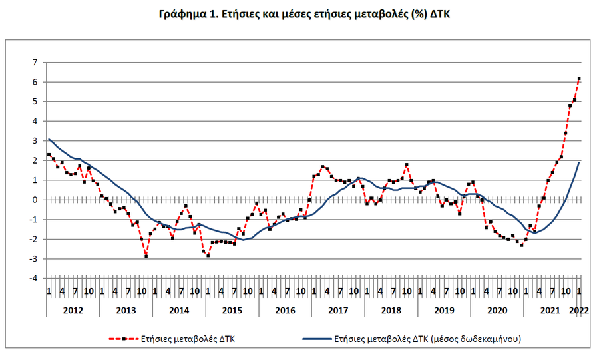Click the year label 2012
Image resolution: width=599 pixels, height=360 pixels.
coord(73,311)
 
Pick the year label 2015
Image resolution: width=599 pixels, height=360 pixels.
coord(232,311)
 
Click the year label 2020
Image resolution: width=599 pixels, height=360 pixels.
coord(497,311)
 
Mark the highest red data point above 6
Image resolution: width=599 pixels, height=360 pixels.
coord(579,79)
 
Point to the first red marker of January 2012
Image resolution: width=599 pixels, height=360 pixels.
coord(49,154)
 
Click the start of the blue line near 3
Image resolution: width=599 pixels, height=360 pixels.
coord(49,139)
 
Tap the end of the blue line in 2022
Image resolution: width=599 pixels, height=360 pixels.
coord(579,162)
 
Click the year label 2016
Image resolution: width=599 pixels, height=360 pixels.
coord(285,311)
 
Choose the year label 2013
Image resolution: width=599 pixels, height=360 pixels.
coord(126,311)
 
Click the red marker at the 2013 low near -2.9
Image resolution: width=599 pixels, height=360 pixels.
coord(146,256)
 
